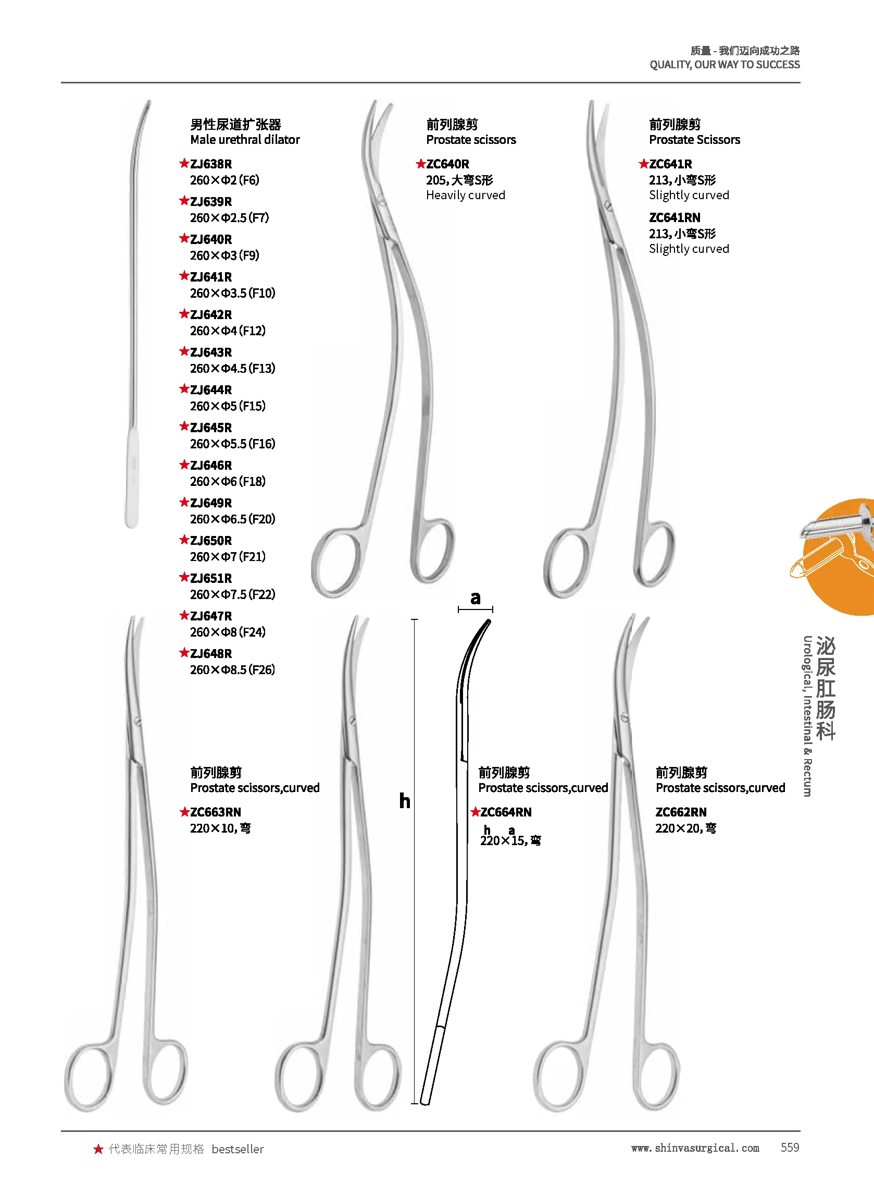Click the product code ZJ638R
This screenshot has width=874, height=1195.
210,164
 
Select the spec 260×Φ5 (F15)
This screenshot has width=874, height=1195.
228,406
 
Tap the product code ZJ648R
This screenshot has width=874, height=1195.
210,653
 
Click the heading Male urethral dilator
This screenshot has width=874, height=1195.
244,140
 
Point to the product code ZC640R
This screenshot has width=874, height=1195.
447,164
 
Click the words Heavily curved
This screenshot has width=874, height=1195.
465,196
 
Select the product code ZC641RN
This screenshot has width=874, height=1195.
675,217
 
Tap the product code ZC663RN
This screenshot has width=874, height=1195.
215,812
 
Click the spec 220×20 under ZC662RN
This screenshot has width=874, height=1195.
685,828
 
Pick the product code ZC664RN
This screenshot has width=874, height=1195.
505,812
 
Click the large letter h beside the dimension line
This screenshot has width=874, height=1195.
405,800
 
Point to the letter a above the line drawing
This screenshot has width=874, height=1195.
476,598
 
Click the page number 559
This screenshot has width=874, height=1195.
789,1147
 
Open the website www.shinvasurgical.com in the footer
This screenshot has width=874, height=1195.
695,1148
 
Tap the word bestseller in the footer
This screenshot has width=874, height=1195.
237,1149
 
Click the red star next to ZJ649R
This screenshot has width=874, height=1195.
184,502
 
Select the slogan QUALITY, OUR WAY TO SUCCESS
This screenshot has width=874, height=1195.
725,65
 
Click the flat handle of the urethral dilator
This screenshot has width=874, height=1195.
132,477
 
